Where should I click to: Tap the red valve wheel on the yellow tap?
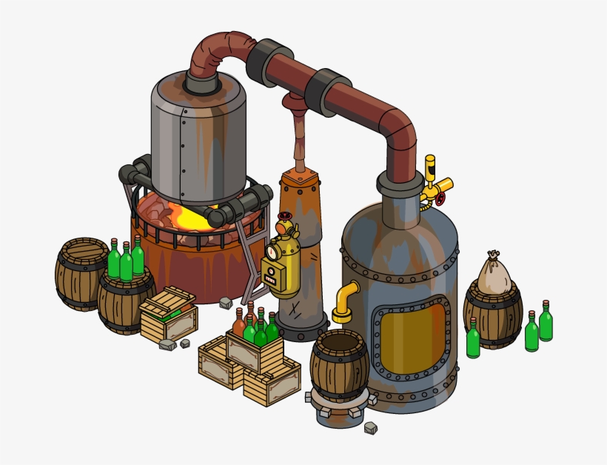(440, 198)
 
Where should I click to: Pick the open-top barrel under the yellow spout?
(339, 363)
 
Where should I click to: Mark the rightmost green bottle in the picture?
(546, 321)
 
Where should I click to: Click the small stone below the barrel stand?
(369, 428)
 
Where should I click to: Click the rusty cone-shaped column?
(303, 244)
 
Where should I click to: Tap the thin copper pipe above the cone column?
(300, 137)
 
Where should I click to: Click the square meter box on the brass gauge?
(273, 278)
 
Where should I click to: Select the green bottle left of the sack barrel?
(473, 339)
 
